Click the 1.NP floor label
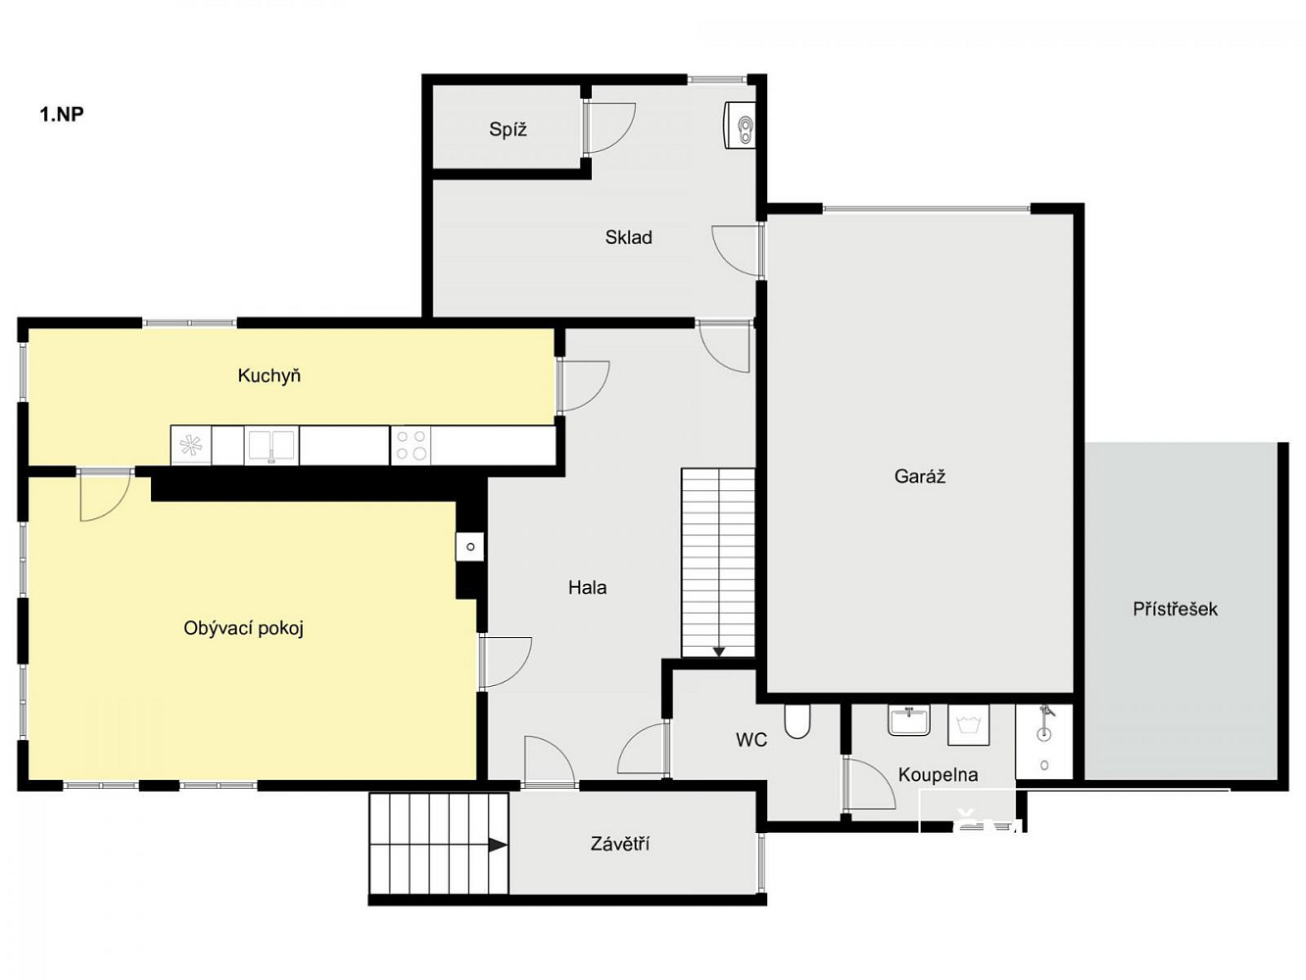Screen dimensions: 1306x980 click(62, 114)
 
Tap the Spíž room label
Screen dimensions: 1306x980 click(508, 129)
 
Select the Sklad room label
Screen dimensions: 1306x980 click(628, 237)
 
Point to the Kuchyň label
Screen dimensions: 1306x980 click(268, 375)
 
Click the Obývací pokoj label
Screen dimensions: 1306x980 click(243, 628)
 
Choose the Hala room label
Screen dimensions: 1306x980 click(587, 588)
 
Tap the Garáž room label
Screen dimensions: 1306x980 click(920, 476)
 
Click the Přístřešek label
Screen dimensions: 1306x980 click(1175, 609)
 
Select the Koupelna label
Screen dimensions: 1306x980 click(938, 775)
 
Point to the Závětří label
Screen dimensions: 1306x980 click(620, 843)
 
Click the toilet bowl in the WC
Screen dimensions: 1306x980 click(798, 721)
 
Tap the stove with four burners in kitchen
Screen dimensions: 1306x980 click(411, 445)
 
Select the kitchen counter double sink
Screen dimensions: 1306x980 click(271, 446)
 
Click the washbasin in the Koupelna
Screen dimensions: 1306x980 click(908, 720)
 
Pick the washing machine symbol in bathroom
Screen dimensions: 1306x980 click(969, 725)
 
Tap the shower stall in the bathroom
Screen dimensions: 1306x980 click(1044, 742)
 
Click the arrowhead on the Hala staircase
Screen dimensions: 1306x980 click(719, 652)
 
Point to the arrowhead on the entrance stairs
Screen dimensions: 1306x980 click(498, 845)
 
